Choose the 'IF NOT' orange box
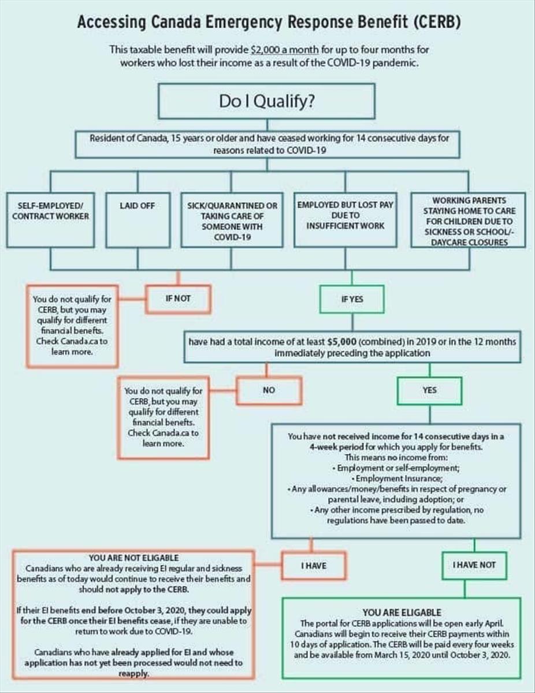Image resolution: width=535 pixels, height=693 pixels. [x=177, y=299]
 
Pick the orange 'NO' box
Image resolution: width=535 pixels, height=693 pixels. [x=269, y=390]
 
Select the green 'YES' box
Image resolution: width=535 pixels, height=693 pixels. [x=429, y=390]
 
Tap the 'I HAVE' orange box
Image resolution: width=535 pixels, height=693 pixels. [x=314, y=565]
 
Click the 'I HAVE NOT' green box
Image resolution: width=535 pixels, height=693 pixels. [x=474, y=565]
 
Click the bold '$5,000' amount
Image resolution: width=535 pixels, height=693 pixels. [x=331, y=342]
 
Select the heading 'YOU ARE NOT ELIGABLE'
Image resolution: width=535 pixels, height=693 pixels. [x=133, y=558]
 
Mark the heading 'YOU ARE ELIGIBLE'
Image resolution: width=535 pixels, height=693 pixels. [x=402, y=612]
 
